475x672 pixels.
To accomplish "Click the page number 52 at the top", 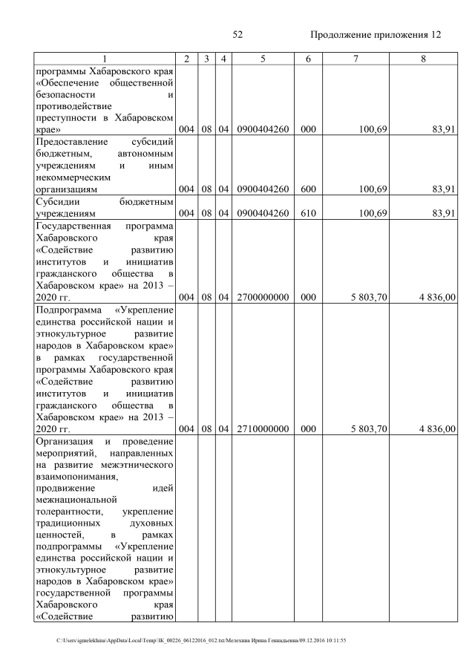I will click(237, 35).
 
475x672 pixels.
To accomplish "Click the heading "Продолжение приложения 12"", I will click(376, 35).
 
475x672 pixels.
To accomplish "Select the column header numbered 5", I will click(263, 59).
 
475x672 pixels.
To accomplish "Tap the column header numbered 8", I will click(423, 59).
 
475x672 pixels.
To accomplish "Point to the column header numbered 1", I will click(105, 59).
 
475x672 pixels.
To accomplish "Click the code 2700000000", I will click(263, 298).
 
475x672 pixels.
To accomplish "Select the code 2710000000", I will click(263, 429).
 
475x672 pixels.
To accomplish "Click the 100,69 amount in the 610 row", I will click(373, 214).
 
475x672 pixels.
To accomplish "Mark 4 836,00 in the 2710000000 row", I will click(437, 429).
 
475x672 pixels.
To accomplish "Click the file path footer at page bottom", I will click(201, 640).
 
